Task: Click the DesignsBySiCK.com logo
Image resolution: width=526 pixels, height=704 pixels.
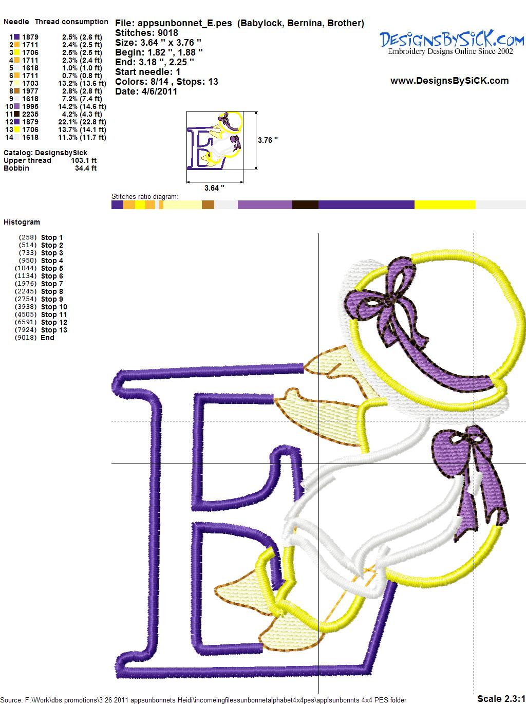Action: [x=452, y=43]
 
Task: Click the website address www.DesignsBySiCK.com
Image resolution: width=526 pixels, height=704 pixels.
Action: [x=449, y=81]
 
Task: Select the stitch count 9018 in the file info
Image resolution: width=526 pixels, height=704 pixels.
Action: [x=168, y=33]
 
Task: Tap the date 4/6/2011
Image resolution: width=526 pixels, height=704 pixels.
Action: [x=159, y=91]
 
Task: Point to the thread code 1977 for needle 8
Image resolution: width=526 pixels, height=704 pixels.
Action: [x=30, y=91]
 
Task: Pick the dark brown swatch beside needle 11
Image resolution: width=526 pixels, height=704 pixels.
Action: [x=16, y=114]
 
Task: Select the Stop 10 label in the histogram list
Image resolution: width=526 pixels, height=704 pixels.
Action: [x=54, y=307]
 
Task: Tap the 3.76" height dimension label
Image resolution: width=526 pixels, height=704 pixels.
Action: [x=268, y=140]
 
